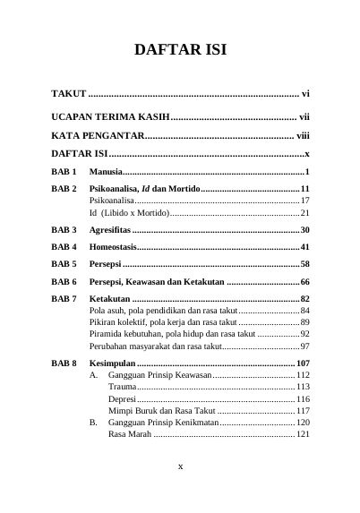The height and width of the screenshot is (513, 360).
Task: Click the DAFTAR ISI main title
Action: pyautogui.click(x=180, y=50)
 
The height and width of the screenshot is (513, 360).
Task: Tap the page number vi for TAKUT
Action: pyautogui.click(x=304, y=93)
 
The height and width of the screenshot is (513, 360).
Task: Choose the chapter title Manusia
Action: pyautogui.click(x=106, y=171)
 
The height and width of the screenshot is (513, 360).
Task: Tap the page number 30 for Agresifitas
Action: pyautogui.click(x=304, y=230)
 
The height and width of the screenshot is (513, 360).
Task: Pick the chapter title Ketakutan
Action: pyautogui.click(x=110, y=298)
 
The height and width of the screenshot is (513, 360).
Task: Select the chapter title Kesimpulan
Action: pyautogui.click(x=114, y=363)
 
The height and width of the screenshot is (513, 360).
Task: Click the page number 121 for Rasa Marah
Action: pyautogui.click(x=302, y=434)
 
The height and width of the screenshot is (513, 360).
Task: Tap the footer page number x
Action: pyautogui.click(x=180, y=466)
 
